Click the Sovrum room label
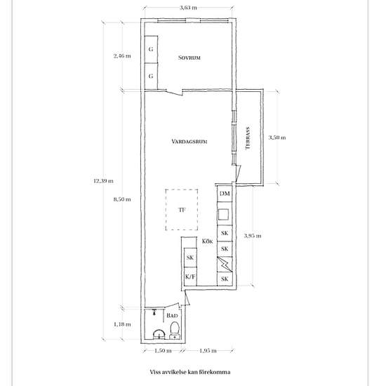(x=189, y=58)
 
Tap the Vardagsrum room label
(x=189, y=142)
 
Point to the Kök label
(x=207, y=241)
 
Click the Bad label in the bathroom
(x=172, y=315)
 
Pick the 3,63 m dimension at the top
(x=188, y=8)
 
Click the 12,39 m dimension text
(x=103, y=181)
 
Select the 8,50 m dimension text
(x=122, y=199)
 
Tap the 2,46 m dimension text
(x=122, y=56)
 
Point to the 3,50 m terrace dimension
(x=277, y=138)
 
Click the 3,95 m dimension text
(x=253, y=236)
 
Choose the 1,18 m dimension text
(x=122, y=324)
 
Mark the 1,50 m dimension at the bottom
(x=163, y=350)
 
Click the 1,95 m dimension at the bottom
(x=208, y=350)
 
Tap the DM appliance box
(x=225, y=194)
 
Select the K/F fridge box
(x=190, y=277)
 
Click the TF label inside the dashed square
(x=182, y=210)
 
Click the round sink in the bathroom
(x=159, y=334)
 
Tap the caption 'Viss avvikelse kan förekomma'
(x=190, y=372)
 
